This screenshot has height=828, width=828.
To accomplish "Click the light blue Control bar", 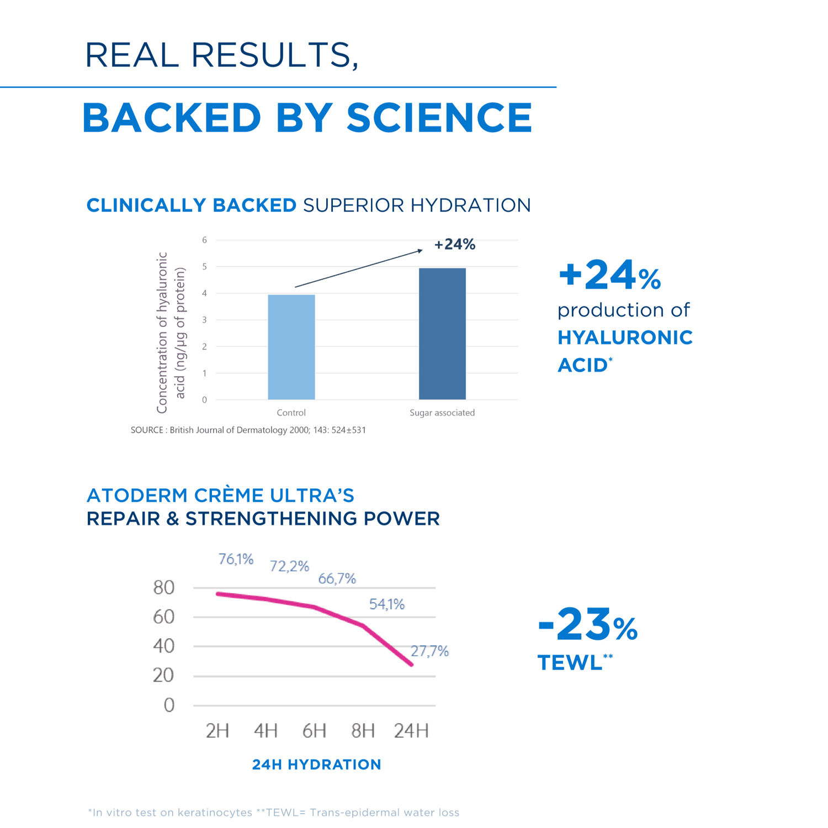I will [291, 347].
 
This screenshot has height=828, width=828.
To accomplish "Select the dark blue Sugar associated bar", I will [442, 334].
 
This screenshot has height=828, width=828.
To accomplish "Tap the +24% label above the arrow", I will [454, 244].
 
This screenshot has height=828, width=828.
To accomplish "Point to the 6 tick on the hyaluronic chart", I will [204, 240].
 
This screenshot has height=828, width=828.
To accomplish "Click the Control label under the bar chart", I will [291, 413].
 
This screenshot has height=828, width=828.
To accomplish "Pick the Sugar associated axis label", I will [442, 413].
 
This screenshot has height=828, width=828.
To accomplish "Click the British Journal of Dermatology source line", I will [248, 430].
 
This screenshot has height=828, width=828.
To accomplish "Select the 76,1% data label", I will [236, 559].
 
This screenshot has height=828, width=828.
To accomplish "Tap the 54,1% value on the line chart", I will [386, 604].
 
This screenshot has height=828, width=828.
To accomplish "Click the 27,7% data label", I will [429, 651].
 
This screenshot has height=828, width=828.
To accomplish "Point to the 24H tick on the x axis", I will [411, 731].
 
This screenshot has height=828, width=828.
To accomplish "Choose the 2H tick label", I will [217, 731].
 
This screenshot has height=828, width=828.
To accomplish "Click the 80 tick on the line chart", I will [164, 587].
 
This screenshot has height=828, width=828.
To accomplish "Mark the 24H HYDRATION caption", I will [316, 764].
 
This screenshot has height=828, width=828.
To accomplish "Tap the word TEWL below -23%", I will [570, 663].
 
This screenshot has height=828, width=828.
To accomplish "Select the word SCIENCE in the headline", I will [439, 118].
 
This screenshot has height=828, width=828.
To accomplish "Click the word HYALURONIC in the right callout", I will [625, 337].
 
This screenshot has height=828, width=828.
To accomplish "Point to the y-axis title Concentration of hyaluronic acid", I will [171, 332].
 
